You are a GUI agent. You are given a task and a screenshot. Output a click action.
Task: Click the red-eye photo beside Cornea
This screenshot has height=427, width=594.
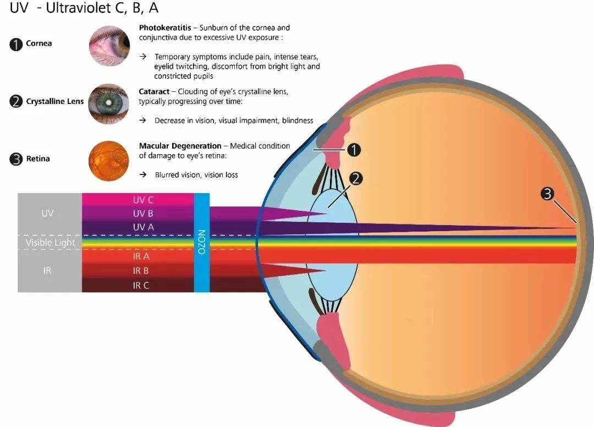pos(109,46)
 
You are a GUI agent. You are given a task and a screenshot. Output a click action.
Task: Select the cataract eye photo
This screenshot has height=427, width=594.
pos(109,104)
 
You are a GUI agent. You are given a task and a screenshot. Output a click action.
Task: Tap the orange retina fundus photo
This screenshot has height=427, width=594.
pos(109,161)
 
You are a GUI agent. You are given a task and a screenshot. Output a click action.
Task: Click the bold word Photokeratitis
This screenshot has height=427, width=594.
pos(165,28)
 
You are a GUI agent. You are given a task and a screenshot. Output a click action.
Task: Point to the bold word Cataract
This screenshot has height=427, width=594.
pos(154,92)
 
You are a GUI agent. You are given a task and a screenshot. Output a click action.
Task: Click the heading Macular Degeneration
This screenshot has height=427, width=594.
pos(180,146)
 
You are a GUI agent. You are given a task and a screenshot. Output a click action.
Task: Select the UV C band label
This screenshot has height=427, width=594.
pos(143,200)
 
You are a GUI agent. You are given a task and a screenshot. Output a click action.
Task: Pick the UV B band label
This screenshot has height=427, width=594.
pos(143,214)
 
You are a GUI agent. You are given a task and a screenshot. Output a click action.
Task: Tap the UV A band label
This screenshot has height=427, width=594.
pos(143,227)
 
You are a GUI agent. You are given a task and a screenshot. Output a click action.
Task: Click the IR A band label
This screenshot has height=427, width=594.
pos(141,256)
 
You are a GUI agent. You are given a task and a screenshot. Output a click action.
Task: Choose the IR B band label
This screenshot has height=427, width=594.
pos(141,271)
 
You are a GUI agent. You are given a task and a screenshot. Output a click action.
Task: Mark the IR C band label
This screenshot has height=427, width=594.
pos(141,286)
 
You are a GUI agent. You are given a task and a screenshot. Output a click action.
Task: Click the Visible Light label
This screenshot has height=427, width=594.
pos(51,243)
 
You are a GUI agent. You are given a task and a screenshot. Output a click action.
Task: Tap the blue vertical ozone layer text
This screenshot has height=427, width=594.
pos(201,242)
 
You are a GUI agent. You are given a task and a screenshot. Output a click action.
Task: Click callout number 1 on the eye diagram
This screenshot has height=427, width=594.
pos(354,150)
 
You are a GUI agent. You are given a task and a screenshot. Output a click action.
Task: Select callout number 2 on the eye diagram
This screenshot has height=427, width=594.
pos(356,178)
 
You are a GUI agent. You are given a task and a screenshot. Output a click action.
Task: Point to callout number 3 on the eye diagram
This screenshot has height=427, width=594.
pos(547,194)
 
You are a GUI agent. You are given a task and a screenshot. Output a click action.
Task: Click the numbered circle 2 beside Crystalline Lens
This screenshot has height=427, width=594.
pos(16,102)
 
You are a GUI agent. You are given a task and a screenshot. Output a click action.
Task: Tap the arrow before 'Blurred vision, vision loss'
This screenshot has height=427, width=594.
pos(143,174)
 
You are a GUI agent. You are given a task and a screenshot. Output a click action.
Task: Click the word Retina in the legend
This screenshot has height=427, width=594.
pos(38,159)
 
